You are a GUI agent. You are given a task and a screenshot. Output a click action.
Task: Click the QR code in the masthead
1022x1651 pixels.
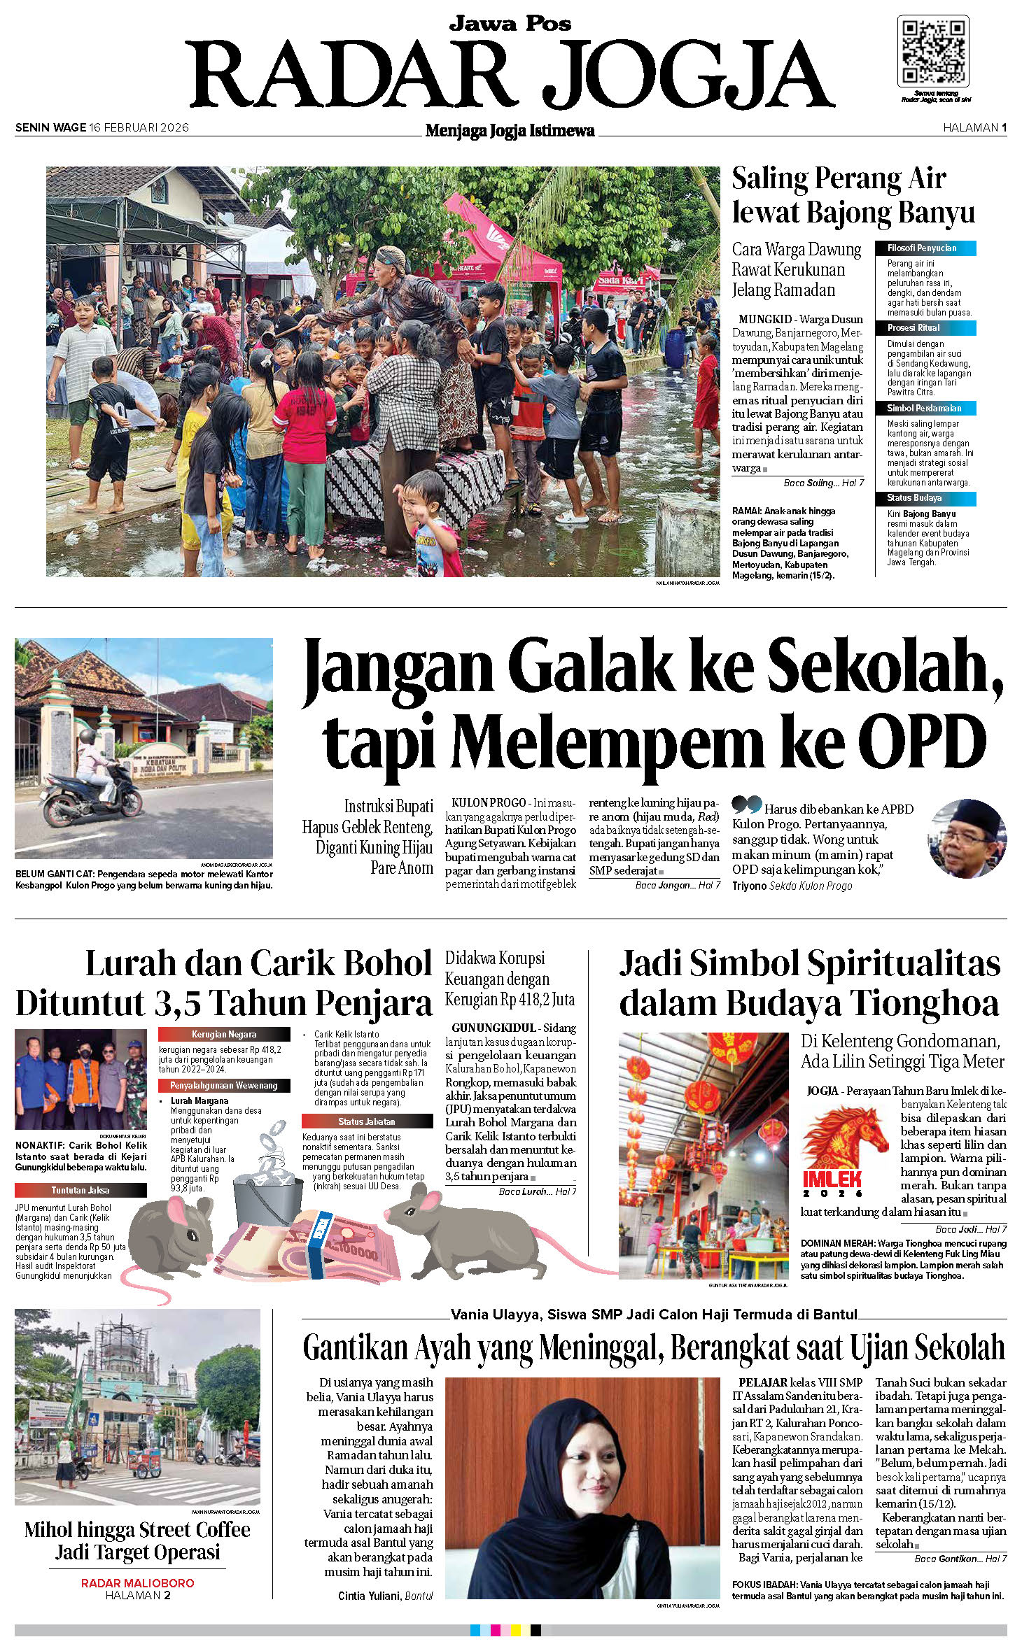click(933, 52)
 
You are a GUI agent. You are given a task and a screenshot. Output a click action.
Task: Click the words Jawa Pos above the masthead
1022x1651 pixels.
click(510, 24)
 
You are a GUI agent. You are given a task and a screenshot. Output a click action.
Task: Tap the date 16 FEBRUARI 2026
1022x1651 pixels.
click(139, 127)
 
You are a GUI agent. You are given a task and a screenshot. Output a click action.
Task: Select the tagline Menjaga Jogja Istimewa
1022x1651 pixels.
click(510, 131)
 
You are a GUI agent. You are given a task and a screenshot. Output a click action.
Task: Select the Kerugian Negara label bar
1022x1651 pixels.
click(224, 1034)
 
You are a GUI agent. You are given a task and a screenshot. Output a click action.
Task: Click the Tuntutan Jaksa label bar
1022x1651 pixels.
click(80, 1190)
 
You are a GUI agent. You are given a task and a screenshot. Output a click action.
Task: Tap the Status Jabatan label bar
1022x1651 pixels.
click(367, 1121)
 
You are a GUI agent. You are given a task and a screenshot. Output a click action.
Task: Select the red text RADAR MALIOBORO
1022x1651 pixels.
click(137, 1583)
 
